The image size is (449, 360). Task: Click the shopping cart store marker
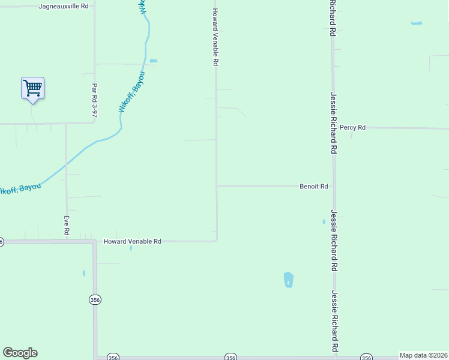[32, 89]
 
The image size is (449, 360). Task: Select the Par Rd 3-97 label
[94, 100]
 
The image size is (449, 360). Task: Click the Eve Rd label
[67, 225]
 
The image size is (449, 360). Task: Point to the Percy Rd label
[352, 128]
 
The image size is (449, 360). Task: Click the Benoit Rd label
[313, 187]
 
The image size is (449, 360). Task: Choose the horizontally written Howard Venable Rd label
[132, 241]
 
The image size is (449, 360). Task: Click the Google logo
[20, 353]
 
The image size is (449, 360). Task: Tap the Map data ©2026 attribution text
[423, 355]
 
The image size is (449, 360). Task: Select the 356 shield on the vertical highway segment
[95, 300]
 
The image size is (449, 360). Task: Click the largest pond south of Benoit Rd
[289, 280]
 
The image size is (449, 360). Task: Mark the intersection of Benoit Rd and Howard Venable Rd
[217, 186]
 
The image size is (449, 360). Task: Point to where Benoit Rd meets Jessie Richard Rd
[334, 186]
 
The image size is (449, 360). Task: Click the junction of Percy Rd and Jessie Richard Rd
[334, 128]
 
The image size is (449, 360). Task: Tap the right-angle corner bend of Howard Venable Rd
[216, 241]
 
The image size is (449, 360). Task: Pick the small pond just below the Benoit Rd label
[324, 221]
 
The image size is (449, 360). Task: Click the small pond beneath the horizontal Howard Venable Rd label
[131, 248]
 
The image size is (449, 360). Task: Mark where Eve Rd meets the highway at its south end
[66, 241]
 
